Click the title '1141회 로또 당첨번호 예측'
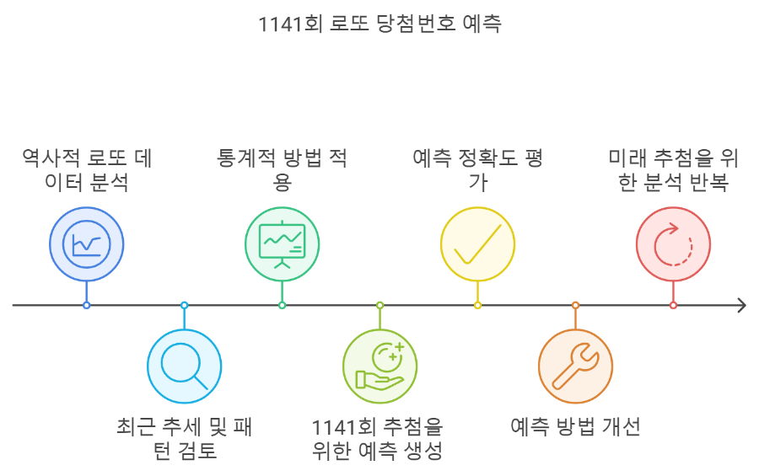(x=379, y=24)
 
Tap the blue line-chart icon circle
(x=86, y=243)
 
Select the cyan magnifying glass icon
(x=184, y=366)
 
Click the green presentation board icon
(x=282, y=243)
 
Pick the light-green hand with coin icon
(x=379, y=366)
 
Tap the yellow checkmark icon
(x=477, y=243)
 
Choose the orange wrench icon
(x=575, y=366)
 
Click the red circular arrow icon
(x=673, y=243)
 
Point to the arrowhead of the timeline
(x=741, y=305)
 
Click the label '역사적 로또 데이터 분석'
(x=86, y=170)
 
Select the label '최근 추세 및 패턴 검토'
(x=184, y=438)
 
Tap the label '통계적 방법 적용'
(x=282, y=170)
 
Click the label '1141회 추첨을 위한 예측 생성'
(x=379, y=438)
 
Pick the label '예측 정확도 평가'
(x=477, y=170)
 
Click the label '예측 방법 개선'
(x=575, y=426)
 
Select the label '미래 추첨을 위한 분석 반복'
(x=673, y=170)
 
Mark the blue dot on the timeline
(x=86, y=305)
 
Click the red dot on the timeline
(x=673, y=305)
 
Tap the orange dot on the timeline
(x=575, y=305)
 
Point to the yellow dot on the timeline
(x=477, y=305)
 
